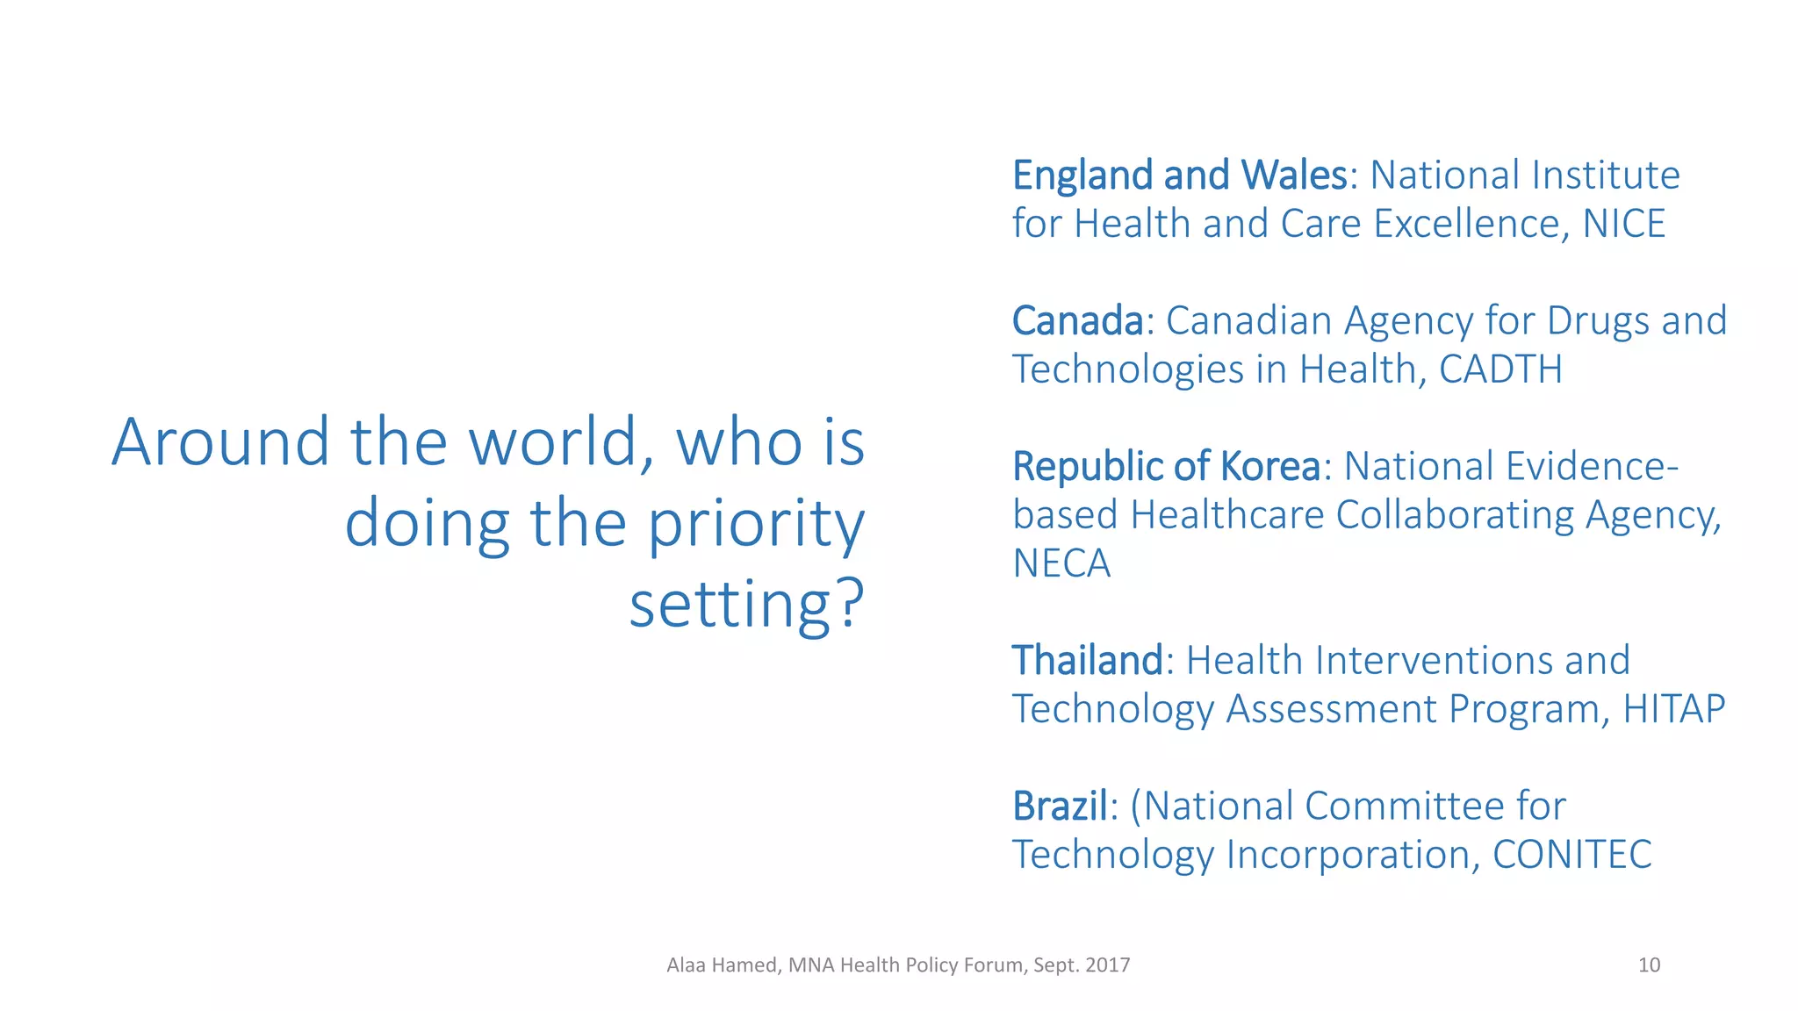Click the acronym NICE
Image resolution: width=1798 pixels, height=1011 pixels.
click(1623, 224)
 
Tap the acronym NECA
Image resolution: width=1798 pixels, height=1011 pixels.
click(1061, 563)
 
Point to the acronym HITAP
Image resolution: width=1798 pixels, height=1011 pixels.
click(1673, 709)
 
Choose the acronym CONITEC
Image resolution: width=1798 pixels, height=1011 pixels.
click(1571, 855)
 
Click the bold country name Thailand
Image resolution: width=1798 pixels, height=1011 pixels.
click(1087, 661)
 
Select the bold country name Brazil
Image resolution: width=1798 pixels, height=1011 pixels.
click(1060, 807)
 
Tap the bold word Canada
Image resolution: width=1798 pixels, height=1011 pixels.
click(1077, 321)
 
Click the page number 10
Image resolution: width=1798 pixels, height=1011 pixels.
click(1649, 965)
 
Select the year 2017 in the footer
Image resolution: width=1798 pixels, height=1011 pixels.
click(1107, 965)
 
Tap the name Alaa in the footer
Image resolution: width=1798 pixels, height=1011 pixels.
click(686, 965)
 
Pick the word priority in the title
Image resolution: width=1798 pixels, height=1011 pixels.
click(756, 524)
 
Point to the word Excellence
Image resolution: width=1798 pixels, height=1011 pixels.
click(1471, 224)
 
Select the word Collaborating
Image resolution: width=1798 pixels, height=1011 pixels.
click(1455, 515)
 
